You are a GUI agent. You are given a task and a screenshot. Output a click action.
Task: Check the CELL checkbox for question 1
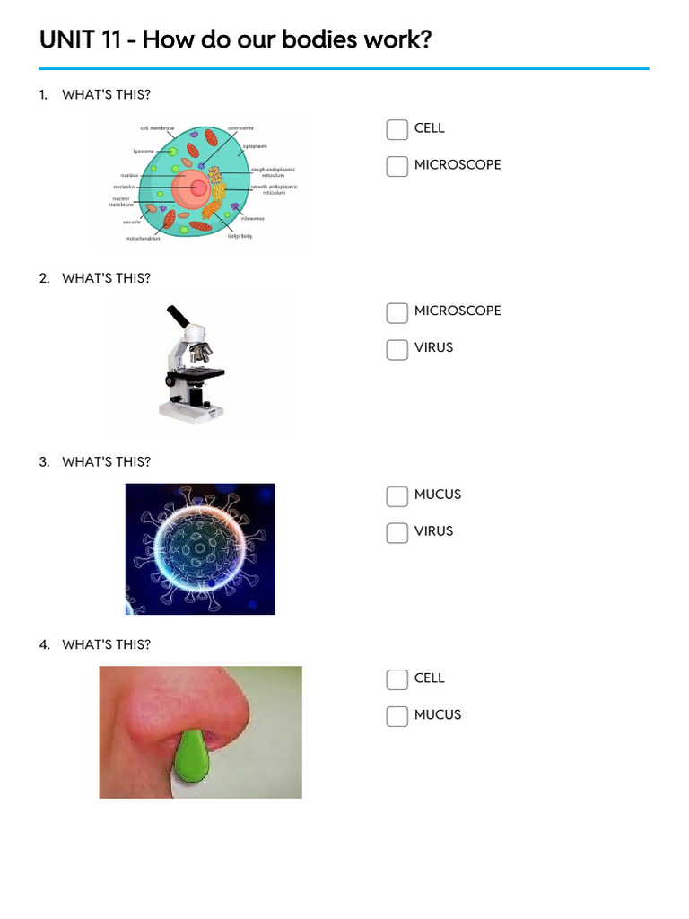pos(397,129)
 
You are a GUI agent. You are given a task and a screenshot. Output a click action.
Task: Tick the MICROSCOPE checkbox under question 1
pos(397,166)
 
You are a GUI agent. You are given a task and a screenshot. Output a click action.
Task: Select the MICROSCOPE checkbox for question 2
pos(397,312)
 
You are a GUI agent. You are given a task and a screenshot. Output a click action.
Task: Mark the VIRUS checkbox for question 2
pos(397,349)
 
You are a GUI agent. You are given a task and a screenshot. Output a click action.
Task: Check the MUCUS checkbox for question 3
pos(397,495)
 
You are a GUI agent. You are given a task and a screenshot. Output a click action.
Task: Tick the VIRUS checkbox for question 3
pos(397,532)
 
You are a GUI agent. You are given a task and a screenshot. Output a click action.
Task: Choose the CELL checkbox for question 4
pos(397,679)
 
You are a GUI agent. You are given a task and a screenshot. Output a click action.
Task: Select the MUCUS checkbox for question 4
pos(397,716)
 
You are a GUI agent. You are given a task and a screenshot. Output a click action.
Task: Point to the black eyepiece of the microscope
pos(176,317)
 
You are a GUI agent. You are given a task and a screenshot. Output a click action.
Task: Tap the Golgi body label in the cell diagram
pos(240,236)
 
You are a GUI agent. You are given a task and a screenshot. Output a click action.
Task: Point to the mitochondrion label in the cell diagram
pos(144,240)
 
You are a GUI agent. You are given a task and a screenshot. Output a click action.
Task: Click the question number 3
pos(43,462)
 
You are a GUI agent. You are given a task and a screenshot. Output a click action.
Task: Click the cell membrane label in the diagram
pos(157,128)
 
